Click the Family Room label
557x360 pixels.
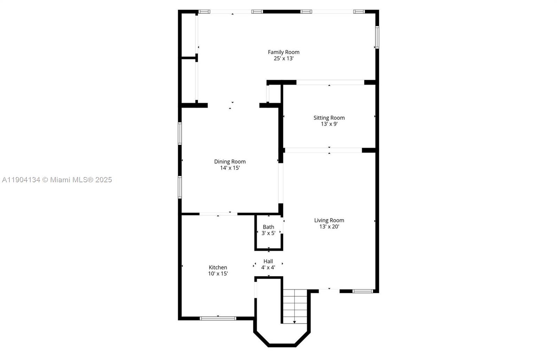[x=283, y=52]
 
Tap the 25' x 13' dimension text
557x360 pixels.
[x=284, y=59]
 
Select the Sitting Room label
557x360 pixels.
[x=329, y=118]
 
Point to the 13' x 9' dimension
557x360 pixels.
[x=329, y=124]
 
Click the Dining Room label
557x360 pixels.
[x=230, y=162]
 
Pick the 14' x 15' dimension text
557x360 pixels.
[x=230, y=168]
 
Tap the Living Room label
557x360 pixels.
[x=329, y=221]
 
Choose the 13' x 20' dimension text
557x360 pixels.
[x=329, y=226]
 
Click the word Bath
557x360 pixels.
[x=268, y=227]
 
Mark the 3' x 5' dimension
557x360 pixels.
[x=268, y=233]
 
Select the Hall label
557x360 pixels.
[x=268, y=261]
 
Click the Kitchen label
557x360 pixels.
[x=218, y=267]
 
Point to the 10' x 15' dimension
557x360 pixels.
[x=218, y=274]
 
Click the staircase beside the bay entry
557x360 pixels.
[x=295, y=306]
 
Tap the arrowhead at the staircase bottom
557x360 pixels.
[x=295, y=322]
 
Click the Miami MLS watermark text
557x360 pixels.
[x=57, y=180]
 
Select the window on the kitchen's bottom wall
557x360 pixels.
[x=218, y=318]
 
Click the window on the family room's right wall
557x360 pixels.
[x=377, y=37]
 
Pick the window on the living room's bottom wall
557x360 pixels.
[x=363, y=291]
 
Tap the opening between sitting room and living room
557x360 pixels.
[x=323, y=150]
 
